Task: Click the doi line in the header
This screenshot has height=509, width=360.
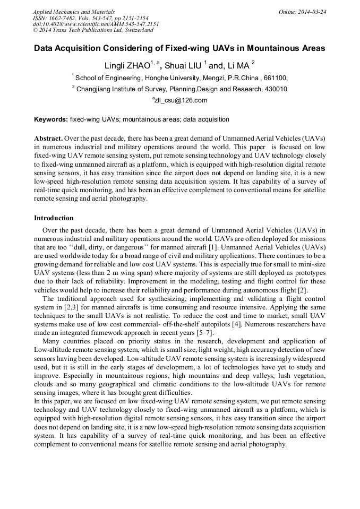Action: click(x=96, y=24)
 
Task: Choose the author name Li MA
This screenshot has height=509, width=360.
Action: click(x=237, y=66)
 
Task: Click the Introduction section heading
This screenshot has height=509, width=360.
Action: click(x=54, y=218)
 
